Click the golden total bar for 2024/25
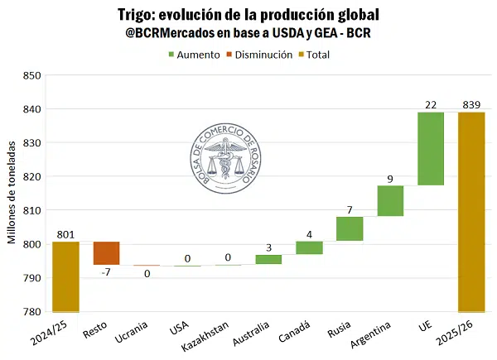click(x=65, y=277)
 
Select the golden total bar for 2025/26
click(x=471, y=212)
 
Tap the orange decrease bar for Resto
click(x=106, y=253)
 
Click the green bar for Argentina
click(x=390, y=201)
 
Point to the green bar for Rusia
click(x=350, y=228)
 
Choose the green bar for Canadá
click(x=309, y=247)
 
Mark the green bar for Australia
click(x=268, y=259)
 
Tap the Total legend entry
click(x=321, y=55)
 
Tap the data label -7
click(x=106, y=272)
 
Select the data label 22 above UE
click(x=431, y=103)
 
